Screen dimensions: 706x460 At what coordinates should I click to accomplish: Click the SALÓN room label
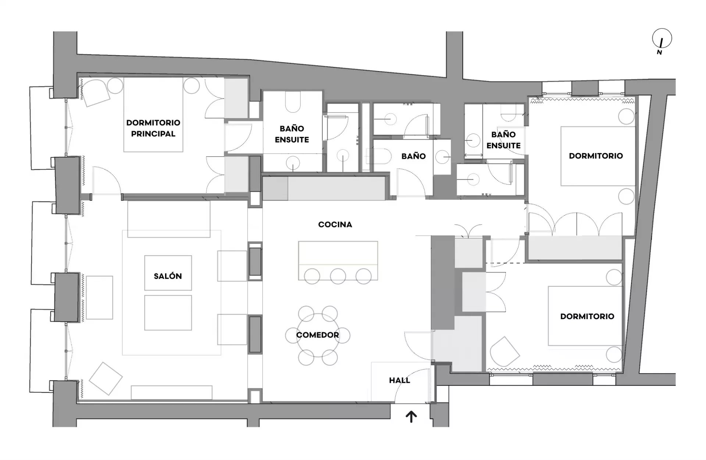click(x=168, y=276)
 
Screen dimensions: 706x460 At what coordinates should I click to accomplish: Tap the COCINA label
click(x=335, y=224)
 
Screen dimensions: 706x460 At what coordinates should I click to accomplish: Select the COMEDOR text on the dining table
click(x=318, y=335)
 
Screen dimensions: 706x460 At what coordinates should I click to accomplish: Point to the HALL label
click(x=400, y=380)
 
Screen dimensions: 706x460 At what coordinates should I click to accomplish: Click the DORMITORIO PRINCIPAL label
click(x=153, y=128)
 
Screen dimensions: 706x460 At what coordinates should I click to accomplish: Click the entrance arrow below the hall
click(x=411, y=417)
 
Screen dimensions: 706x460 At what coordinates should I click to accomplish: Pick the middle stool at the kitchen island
click(x=338, y=277)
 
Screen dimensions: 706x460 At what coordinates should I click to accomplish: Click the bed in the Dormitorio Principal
click(x=153, y=115)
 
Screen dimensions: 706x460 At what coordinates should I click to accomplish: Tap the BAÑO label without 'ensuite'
click(x=413, y=156)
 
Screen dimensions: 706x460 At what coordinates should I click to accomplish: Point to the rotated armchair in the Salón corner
click(x=106, y=378)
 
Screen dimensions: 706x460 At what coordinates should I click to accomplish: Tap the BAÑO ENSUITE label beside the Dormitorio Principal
click(x=292, y=134)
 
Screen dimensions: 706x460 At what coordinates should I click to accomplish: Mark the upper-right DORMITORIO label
click(x=596, y=156)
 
